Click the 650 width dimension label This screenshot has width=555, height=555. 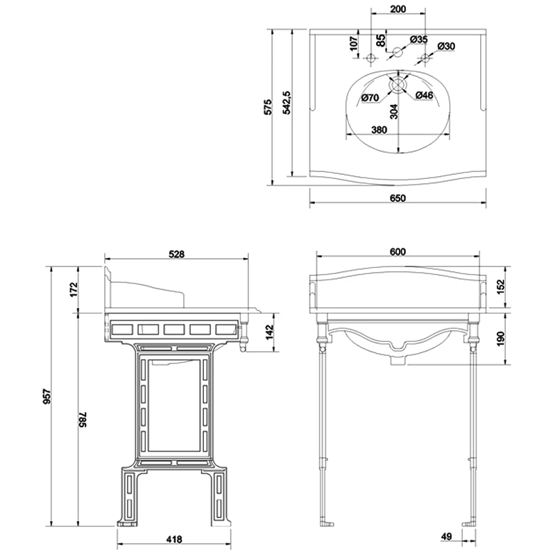coord(398,198)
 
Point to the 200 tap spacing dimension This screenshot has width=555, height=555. coord(398,8)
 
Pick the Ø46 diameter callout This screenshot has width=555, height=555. coord(424,95)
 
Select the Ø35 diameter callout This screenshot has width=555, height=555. coord(418,40)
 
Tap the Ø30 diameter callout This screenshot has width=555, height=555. coord(446,46)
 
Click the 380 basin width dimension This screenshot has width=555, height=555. coord(379,130)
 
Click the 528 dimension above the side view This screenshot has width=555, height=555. coord(177,255)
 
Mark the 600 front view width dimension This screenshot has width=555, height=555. coord(398,251)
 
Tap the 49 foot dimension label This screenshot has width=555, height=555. coord(447,536)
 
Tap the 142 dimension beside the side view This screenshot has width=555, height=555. coord(270,332)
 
